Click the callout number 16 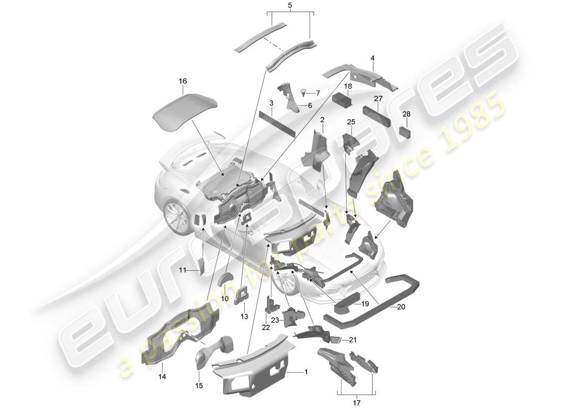[x=183, y=81]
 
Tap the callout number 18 [x=348, y=87]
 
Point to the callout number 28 [x=406, y=114]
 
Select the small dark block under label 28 [x=405, y=133]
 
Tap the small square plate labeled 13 [x=242, y=295]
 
